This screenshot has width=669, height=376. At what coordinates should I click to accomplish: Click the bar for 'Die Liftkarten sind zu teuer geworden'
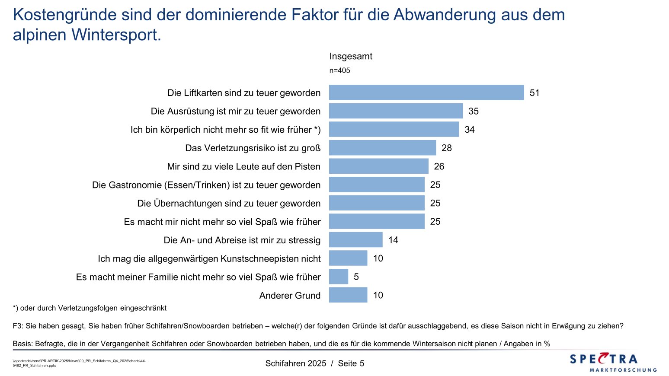pos(426,92)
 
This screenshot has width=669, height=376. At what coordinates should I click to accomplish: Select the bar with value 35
pos(396,111)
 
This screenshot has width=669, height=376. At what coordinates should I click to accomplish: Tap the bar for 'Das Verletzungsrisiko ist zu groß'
pos(382,148)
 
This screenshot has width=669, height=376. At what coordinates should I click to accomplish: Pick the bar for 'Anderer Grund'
pos(348,295)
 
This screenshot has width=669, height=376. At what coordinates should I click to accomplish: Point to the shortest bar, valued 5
pos(339,277)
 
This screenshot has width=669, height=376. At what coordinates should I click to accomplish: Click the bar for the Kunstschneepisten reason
pos(348,258)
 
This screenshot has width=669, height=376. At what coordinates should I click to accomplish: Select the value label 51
pos(535,93)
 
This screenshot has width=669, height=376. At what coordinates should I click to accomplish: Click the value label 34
pos(470,130)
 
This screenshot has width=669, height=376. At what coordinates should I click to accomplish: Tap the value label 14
pos(393,240)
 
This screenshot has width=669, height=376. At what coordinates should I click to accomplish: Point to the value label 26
pos(439,166)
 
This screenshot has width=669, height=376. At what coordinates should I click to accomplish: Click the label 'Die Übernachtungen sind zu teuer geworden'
pos(229,204)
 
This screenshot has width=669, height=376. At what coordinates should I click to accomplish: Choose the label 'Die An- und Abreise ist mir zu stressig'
pos(242,240)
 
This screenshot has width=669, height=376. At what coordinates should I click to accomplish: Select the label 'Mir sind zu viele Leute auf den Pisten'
pos(244,167)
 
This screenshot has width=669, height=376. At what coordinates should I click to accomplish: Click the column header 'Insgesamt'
pos(351,56)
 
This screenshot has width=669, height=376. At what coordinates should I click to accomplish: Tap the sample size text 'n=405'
pos(340,70)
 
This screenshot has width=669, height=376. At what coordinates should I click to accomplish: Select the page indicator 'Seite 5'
pos(351,363)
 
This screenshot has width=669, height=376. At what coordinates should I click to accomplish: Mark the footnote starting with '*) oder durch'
pos(90,308)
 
